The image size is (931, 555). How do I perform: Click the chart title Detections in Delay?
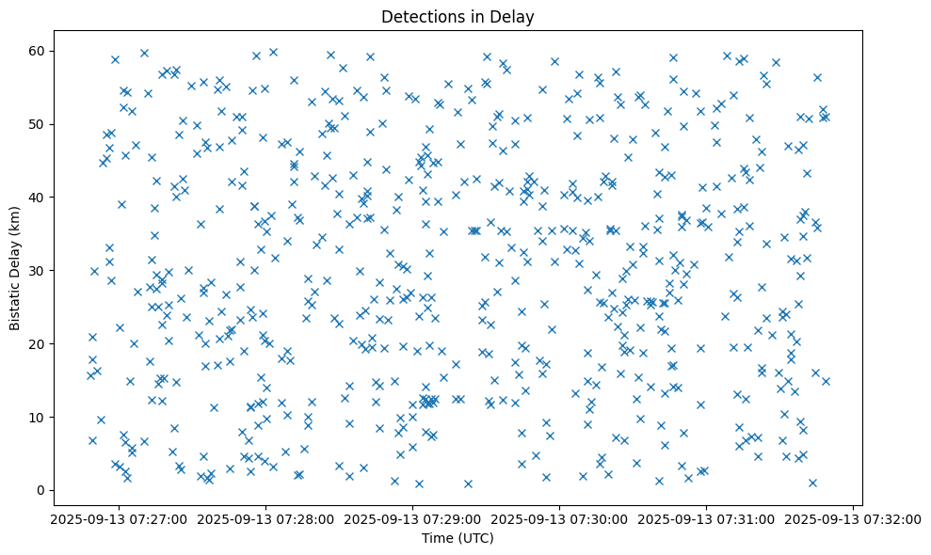[457, 16]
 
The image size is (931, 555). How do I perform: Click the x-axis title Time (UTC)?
[457, 538]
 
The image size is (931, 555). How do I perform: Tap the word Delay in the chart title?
[515, 16]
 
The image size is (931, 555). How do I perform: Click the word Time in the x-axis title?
[438, 538]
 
